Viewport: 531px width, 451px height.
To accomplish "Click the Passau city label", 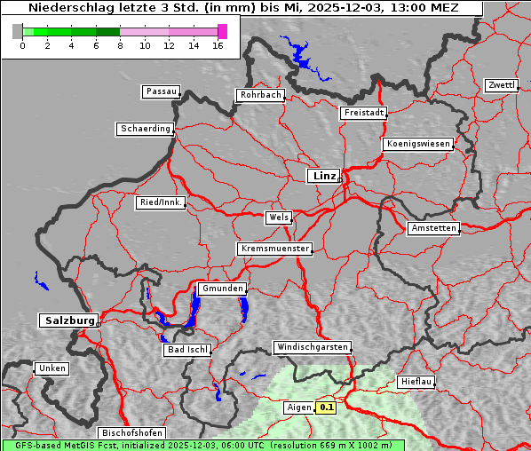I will pyautogui.click(x=161, y=91).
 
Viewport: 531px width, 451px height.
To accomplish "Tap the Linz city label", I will pyautogui.click(x=323, y=176).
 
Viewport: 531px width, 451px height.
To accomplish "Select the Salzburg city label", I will pyautogui.click(x=67, y=320).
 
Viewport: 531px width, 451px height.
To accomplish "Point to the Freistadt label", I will pyautogui.click(x=363, y=113).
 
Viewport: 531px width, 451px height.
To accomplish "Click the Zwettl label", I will pyautogui.click(x=501, y=85).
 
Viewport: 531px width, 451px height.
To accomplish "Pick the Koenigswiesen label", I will pyautogui.click(x=418, y=144).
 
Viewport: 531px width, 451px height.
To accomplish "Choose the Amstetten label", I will pyautogui.click(x=433, y=228).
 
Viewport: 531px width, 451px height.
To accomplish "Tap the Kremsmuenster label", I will pyautogui.click(x=275, y=249).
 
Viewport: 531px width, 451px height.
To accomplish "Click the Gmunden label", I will pyautogui.click(x=221, y=289).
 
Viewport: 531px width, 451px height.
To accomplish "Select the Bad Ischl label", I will pyautogui.click(x=187, y=350).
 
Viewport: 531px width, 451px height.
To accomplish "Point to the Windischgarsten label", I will pyautogui.click(x=312, y=347).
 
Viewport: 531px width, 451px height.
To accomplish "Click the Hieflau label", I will pyautogui.click(x=416, y=381).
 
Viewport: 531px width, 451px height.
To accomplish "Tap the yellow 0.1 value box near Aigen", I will pyautogui.click(x=327, y=407).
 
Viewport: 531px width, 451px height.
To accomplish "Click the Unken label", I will pyautogui.click(x=51, y=368).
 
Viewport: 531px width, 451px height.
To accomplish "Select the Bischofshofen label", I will pyautogui.click(x=131, y=432).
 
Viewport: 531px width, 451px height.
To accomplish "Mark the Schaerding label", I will pyautogui.click(x=146, y=129).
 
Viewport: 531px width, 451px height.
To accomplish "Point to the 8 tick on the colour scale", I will pyautogui.click(x=120, y=45).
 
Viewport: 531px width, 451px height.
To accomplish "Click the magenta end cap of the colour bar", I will pyautogui.click(x=222, y=31).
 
